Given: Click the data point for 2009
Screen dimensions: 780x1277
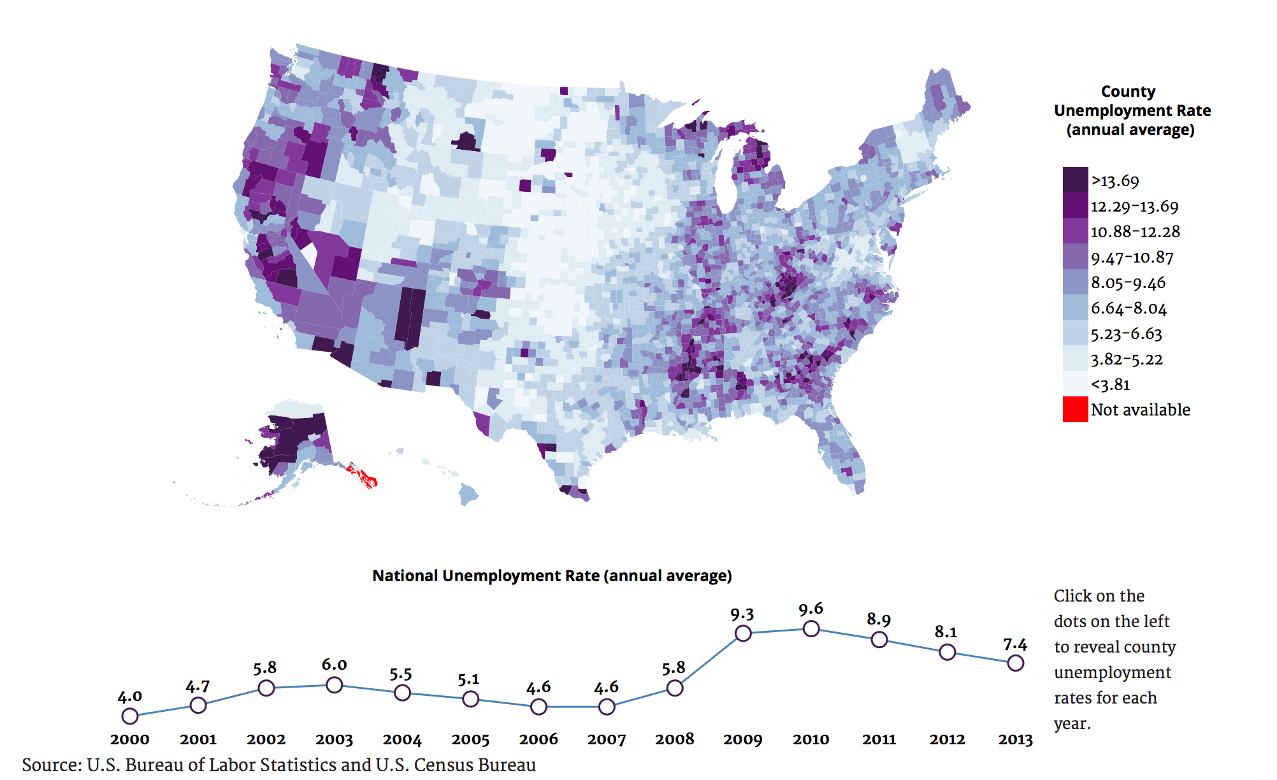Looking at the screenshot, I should [742, 633].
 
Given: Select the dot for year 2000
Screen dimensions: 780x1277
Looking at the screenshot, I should [129, 716].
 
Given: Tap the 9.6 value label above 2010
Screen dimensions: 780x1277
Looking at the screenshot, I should [811, 609].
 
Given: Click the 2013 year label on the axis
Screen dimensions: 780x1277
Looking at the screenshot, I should [1015, 739].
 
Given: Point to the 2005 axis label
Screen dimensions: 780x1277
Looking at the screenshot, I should [470, 739].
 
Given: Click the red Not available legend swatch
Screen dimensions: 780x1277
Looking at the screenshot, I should [1075, 409].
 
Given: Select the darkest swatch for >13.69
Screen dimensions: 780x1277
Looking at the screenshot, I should [1075, 180].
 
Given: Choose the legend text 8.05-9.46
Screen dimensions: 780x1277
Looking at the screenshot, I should [1128, 283].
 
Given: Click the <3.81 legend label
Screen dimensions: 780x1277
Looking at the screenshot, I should [1110, 385].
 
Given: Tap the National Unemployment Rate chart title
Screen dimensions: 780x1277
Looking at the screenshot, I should [552, 575].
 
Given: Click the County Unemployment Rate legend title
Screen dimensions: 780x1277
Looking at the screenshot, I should [1132, 110].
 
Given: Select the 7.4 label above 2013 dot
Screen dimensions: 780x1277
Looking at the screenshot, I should [1015, 645].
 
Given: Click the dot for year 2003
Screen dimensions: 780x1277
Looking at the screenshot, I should [334, 685].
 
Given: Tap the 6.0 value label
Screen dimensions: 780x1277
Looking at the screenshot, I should [334, 665].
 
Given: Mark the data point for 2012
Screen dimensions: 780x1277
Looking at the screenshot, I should [947, 652].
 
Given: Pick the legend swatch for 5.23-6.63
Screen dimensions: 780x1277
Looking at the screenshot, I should [1075, 333].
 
